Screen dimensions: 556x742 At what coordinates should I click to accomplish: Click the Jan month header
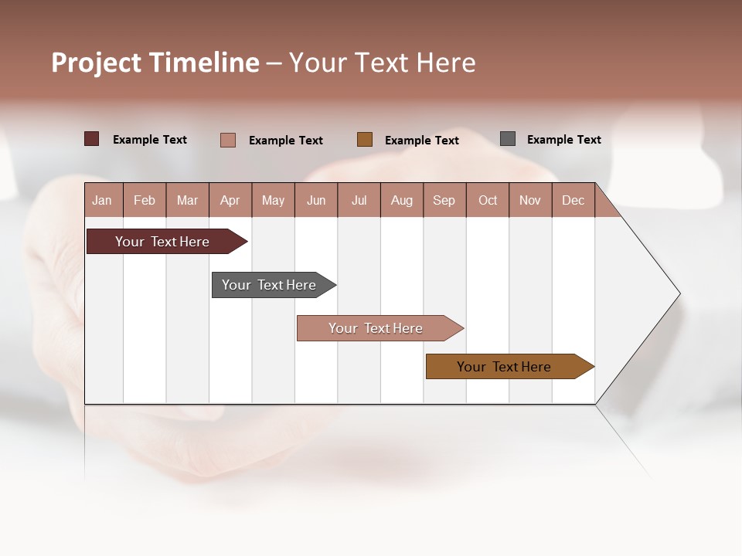coord(103,200)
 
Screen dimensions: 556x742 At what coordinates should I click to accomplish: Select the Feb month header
coord(145,200)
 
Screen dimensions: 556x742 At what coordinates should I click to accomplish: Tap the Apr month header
coord(230,200)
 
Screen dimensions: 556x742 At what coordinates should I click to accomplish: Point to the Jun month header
coord(316,200)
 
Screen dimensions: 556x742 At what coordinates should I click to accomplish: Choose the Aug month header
coord(402,200)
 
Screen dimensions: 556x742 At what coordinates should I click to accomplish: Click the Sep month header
coord(444,200)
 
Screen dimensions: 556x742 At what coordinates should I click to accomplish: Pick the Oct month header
coord(488,200)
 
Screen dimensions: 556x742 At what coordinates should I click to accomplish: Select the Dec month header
coord(574,200)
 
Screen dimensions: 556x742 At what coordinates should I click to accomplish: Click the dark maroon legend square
coord(92,139)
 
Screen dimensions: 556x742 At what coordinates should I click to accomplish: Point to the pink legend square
coord(228,140)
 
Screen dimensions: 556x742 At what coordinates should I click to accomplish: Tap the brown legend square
coord(365,139)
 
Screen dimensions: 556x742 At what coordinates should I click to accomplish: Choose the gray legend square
coord(508,139)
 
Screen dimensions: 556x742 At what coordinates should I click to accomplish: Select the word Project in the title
coord(97,63)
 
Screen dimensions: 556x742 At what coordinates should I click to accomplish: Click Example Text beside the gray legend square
coord(563,140)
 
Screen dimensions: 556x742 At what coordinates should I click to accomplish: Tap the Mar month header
coord(188,200)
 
